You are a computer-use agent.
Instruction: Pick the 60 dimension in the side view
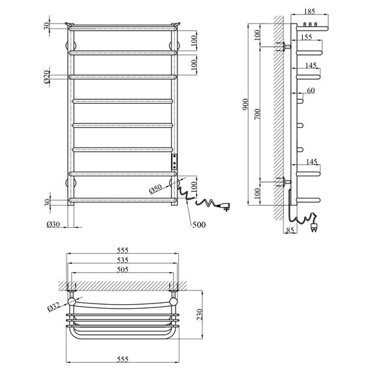[311, 91]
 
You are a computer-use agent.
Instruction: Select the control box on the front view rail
[175, 161]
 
